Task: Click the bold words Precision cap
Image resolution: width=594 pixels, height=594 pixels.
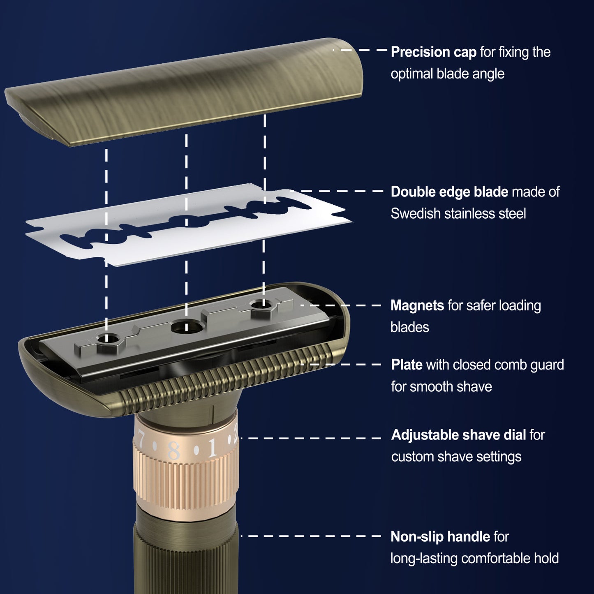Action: pos(433,52)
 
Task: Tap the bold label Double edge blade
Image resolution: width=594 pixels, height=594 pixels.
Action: pos(449,192)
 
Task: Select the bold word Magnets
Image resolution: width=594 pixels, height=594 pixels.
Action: pos(417,305)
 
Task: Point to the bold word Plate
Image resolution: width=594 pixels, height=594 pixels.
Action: pos(407,365)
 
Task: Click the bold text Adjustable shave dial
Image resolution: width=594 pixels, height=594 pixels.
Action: pos(458,435)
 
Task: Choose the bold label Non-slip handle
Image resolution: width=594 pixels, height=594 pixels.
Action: pos(440,537)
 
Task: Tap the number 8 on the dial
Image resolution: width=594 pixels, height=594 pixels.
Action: pos(174,451)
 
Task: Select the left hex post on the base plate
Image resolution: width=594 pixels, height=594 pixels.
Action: pos(107,343)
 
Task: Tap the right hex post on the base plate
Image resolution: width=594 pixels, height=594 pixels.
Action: pos(263,308)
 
